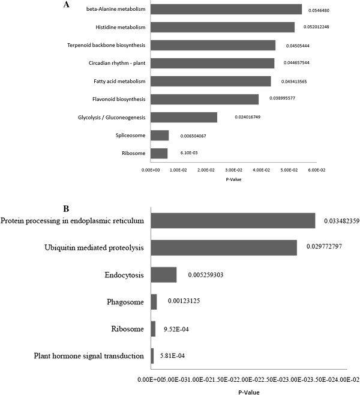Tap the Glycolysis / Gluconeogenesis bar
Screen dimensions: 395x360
click(184, 117)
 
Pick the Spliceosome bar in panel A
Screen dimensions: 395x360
click(160, 135)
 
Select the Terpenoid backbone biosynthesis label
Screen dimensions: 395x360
click(107, 45)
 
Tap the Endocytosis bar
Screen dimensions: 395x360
click(163, 274)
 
